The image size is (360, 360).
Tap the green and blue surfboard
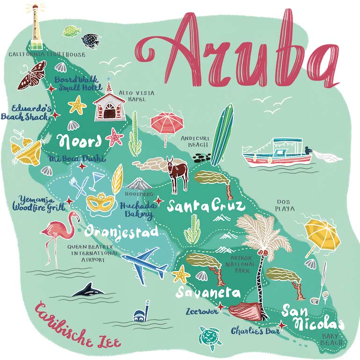[x=222, y=136]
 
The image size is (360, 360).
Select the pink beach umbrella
[x=166, y=124]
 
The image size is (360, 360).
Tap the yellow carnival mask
[x=101, y=203]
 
